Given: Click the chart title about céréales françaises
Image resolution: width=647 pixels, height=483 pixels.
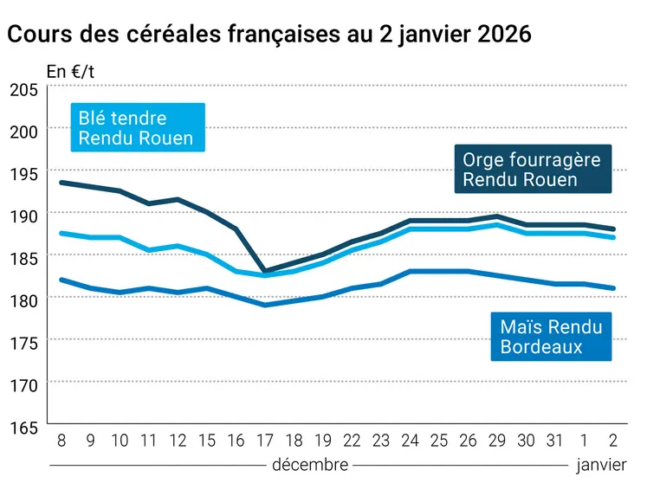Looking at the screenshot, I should point(269,35).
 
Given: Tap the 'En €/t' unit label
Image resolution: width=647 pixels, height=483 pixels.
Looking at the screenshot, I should point(70,71).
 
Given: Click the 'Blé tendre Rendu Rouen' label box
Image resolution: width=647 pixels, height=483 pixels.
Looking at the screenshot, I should point(137,128).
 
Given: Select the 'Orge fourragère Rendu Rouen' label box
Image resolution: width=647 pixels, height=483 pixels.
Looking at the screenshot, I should point(533,170).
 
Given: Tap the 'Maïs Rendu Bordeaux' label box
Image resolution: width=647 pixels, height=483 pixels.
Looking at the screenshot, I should point(551,337).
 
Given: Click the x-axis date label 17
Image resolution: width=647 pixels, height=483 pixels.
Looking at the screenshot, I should point(265,441).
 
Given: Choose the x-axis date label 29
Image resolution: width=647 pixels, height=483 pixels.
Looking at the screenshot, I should point(495,441).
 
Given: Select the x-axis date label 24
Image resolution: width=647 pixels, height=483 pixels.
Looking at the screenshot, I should point(410,441).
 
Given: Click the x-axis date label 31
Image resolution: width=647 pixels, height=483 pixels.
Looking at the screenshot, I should point(553,441).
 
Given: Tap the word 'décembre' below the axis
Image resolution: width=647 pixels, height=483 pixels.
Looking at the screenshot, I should point(310,465).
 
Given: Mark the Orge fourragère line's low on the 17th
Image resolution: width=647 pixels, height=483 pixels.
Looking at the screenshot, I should point(265,271).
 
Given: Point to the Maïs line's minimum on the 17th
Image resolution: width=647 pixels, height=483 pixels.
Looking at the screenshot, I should point(265,305).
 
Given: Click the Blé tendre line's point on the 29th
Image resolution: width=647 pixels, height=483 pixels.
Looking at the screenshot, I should point(495,225).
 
